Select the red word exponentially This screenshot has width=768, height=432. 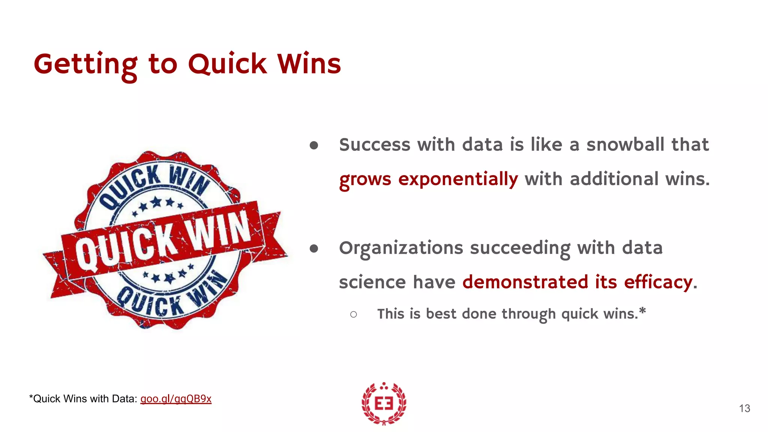(458, 179)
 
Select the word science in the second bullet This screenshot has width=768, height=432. (372, 282)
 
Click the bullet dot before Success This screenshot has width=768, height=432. (314, 145)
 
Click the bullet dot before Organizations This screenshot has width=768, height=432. (314, 249)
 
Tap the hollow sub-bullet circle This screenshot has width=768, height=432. (353, 314)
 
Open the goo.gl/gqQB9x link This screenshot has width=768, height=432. (175, 399)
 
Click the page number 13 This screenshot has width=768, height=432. (744, 408)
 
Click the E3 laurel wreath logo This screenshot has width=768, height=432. (384, 403)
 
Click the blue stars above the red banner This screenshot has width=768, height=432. (158, 205)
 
